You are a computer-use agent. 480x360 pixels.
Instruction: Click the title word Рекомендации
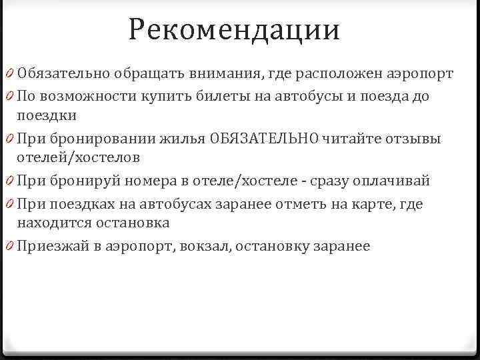(x=235, y=30)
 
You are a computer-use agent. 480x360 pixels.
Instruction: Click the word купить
(x=166, y=97)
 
